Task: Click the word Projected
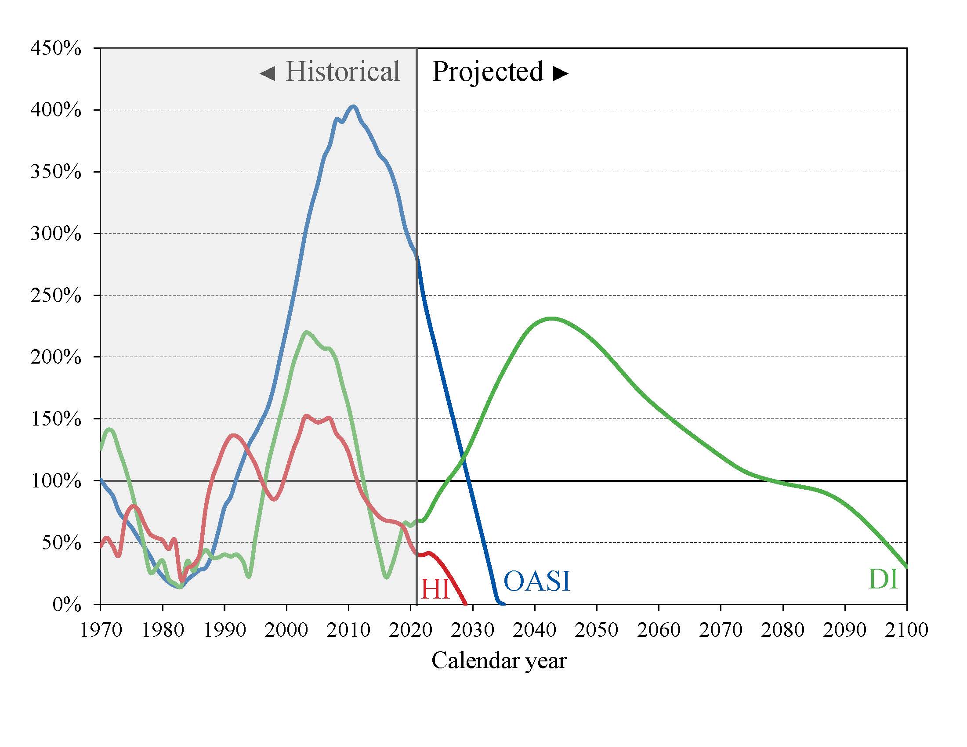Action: [x=488, y=72]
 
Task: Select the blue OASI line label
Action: [x=536, y=581]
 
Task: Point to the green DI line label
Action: [x=884, y=579]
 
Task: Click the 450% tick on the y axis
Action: [x=56, y=48]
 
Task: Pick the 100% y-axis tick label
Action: [x=56, y=481]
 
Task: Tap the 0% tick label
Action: [x=66, y=605]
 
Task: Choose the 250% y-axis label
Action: [x=56, y=296]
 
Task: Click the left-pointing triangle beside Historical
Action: [x=268, y=73]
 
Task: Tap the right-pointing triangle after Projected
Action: [x=561, y=73]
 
